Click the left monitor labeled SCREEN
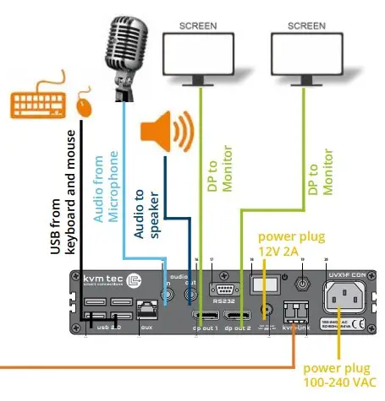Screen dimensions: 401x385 pyautogui.click(x=199, y=54)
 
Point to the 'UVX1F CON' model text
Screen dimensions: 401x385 pyautogui.click(x=348, y=275)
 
